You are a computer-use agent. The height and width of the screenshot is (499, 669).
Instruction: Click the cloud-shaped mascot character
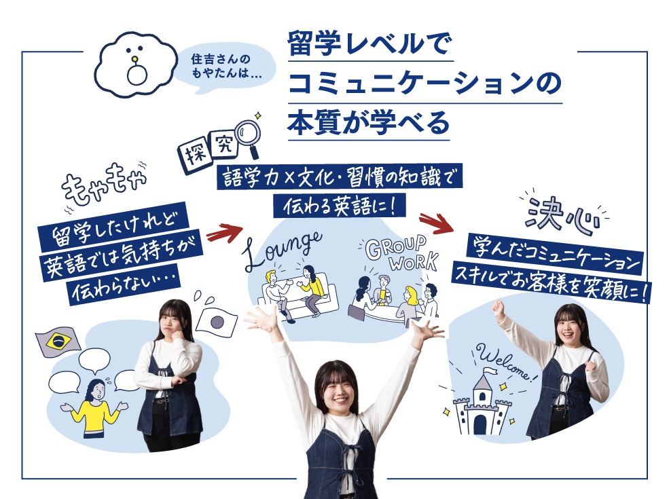coord(136,64)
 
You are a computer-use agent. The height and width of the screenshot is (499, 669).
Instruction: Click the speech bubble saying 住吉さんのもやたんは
coord(226,67)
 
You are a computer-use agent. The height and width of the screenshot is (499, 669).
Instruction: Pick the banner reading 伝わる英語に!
coord(339,206)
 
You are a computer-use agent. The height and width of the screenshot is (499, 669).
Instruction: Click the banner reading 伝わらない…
coord(124,285)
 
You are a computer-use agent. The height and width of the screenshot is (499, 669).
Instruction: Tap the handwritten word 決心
coord(562,216)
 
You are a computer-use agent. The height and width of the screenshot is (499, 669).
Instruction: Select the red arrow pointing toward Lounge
coord(223,233)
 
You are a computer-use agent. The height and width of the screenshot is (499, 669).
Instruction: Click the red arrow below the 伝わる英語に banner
coord(435,223)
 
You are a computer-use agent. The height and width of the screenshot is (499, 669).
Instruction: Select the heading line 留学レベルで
coord(370,43)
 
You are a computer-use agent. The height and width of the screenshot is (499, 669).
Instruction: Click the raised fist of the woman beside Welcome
coord(497,306)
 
